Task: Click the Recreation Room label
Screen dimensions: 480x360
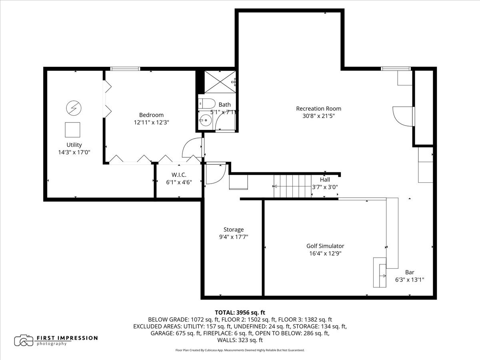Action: coord(318,109)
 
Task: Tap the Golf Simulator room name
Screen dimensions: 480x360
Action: coord(325,246)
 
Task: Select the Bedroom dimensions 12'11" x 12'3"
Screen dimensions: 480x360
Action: coord(152,122)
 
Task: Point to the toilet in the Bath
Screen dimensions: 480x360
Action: coord(207,103)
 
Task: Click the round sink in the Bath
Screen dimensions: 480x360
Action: coord(205,120)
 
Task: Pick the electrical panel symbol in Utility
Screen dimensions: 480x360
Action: coord(74,108)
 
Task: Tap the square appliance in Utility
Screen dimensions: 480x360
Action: coord(72,130)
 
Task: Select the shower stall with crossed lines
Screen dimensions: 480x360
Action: coord(220,82)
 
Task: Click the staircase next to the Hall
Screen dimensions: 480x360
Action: coord(292,186)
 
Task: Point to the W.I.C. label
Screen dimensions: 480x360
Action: coord(179,175)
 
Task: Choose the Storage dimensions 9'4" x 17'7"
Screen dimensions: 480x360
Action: coord(234,237)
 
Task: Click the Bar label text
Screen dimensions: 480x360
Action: coord(410,272)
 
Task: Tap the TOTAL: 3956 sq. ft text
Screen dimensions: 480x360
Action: coord(240,312)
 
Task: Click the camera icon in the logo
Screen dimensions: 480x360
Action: coord(24,340)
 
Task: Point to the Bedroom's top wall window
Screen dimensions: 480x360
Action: coord(125,69)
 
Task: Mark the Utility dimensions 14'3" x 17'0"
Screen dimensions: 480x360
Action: coord(74,152)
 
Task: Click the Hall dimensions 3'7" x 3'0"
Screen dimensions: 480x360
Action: coord(325,187)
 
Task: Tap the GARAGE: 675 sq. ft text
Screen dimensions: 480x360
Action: coord(176,333)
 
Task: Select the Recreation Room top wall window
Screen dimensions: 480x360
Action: coord(396,69)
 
